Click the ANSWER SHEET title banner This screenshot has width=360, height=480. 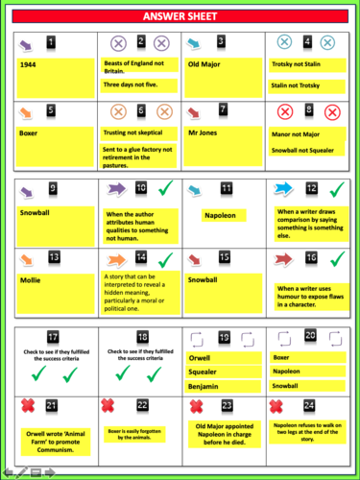[x=180, y=16]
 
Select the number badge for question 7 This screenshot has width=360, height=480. [x=223, y=109]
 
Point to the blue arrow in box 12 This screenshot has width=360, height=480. [x=286, y=187]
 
